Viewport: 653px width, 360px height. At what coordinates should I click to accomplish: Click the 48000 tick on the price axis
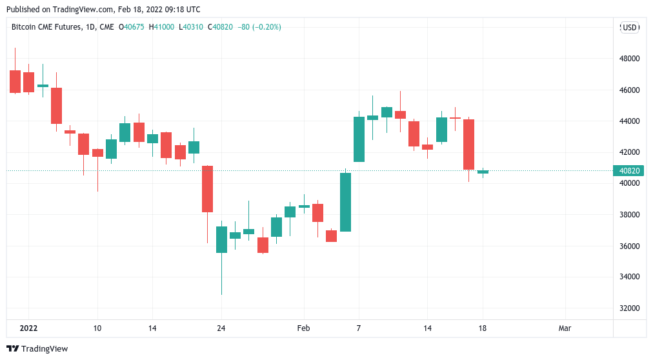628,59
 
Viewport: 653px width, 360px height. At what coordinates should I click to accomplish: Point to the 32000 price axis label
628,308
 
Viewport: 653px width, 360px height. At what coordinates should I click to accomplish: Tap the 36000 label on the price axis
628,246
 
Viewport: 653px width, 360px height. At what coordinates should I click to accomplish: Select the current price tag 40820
628,171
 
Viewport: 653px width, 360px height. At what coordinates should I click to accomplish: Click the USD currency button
629,27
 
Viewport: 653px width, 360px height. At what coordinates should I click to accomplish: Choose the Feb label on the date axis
303,328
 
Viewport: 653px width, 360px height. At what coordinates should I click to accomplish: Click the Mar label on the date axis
565,328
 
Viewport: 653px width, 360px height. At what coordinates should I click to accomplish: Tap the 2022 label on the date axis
28,328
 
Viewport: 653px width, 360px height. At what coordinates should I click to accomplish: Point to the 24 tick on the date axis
221,328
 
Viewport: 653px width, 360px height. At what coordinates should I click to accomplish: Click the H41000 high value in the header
161,27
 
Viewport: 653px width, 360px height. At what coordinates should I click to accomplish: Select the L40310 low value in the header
190,27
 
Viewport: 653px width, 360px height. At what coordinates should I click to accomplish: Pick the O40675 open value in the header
132,27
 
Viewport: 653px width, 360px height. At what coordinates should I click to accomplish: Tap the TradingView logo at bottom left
38,349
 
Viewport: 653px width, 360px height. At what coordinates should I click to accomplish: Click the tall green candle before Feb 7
345,201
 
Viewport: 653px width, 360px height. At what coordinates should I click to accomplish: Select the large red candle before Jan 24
207,188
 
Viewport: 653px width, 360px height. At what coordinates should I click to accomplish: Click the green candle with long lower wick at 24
221,239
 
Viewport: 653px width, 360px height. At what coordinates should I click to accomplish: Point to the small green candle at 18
483,172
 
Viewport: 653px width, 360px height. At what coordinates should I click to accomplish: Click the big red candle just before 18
469,145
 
